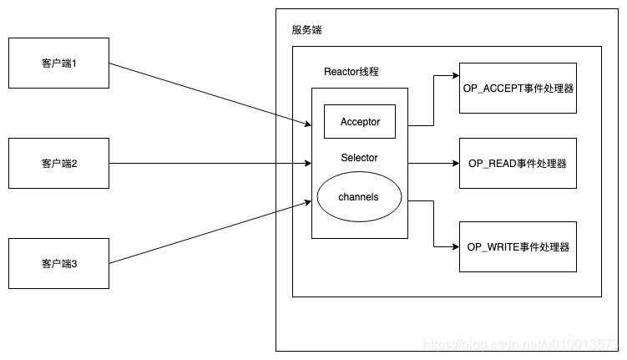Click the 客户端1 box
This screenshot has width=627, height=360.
[x=58, y=63]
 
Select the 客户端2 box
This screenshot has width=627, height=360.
[x=58, y=164]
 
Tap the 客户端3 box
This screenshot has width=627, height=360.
[x=58, y=263]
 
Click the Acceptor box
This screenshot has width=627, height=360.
[x=360, y=122]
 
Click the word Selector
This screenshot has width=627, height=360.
[x=359, y=158]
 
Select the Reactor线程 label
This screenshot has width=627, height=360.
[x=351, y=72]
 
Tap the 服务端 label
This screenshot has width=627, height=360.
[x=306, y=30]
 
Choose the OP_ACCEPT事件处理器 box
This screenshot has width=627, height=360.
[x=518, y=88]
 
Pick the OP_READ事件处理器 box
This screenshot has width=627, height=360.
[x=518, y=163]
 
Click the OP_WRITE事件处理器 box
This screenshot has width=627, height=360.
[x=518, y=246]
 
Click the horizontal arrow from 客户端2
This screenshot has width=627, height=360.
[x=209, y=164]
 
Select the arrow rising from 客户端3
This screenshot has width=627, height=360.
[x=209, y=233]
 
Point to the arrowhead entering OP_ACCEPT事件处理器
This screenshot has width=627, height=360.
[x=454, y=76]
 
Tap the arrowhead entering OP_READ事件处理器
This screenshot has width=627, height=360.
[x=454, y=164]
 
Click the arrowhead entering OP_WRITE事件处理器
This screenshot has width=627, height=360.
[x=454, y=247]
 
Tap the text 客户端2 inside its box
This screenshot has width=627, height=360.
[x=58, y=164]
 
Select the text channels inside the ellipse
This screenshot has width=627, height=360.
[x=359, y=197]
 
